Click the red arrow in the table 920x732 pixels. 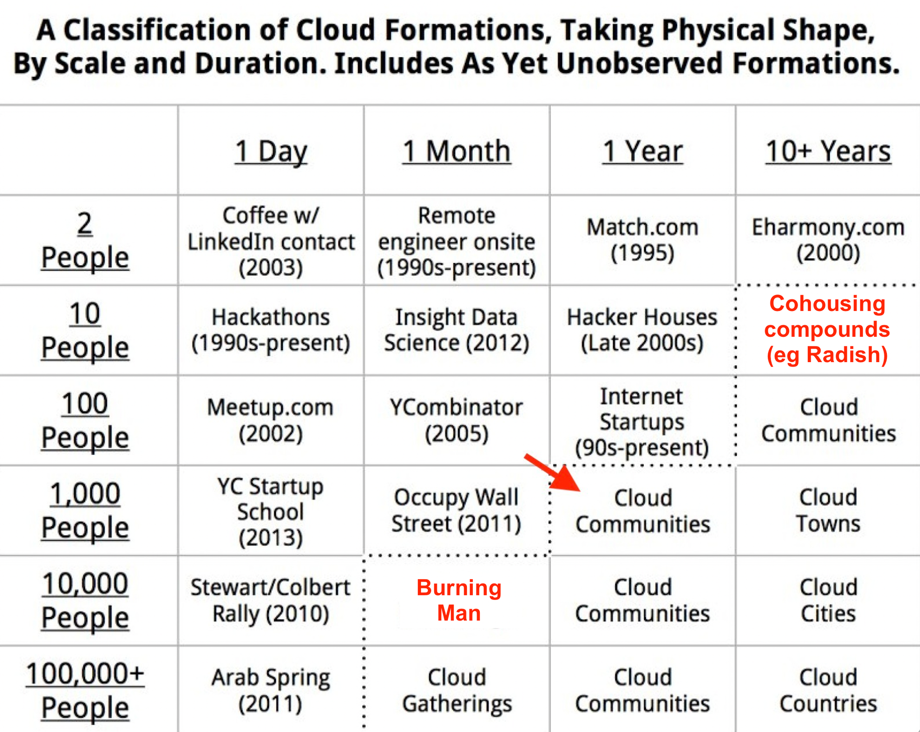[552, 473]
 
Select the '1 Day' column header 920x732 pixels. [271, 151]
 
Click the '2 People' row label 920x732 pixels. [85, 240]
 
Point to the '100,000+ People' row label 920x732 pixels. [85, 690]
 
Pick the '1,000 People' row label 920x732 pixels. [85, 510]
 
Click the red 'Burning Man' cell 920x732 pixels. [459, 600]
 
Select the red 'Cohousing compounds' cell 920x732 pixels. [827, 329]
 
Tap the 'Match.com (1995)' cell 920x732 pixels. [643, 240]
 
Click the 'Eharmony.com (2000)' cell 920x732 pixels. [828, 240]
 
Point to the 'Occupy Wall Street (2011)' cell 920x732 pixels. [456, 510]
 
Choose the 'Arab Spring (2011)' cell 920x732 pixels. [271, 690]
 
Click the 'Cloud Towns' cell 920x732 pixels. [828, 510]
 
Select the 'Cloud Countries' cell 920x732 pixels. [828, 690]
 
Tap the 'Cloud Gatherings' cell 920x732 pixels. [457, 690]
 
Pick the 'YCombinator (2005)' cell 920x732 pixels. [456, 420]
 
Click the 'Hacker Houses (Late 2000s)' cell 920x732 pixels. [642, 330]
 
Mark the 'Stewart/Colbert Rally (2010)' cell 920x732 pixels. [271, 600]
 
